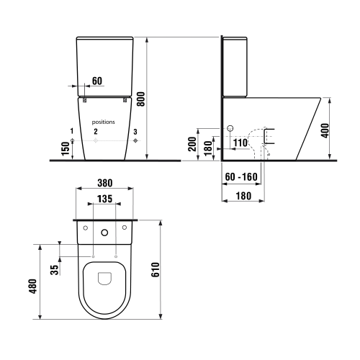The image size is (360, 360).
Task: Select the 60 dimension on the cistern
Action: [97, 81]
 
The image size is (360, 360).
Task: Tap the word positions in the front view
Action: [104, 123]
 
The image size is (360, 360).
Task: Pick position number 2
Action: [96, 132]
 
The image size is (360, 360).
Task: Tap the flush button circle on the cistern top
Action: [105, 232]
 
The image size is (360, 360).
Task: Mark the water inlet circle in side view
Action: [230, 130]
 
